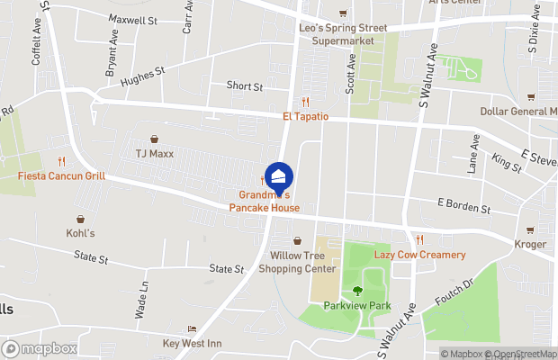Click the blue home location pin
(279, 175)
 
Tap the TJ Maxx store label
(155, 153)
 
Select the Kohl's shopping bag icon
(81, 219)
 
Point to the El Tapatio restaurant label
(306, 117)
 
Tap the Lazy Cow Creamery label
(420, 255)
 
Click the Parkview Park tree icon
(358, 291)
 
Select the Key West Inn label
(191, 343)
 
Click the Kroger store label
(530, 244)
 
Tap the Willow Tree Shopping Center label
(302, 262)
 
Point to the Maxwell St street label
(131, 19)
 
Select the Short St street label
(244, 87)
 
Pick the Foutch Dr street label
(454, 293)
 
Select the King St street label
(508, 162)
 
